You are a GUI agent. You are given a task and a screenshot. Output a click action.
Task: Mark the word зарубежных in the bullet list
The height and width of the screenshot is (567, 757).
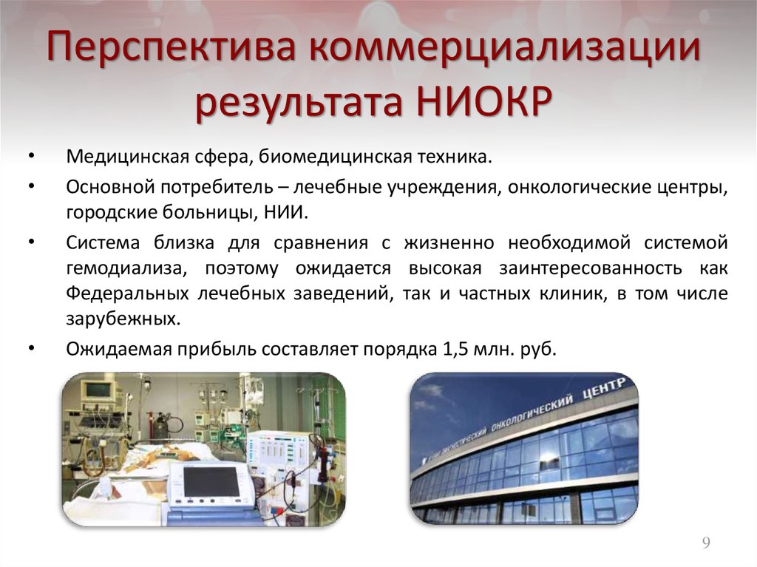121,320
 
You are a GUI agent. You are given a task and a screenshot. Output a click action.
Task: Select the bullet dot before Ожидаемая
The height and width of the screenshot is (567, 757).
30,347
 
